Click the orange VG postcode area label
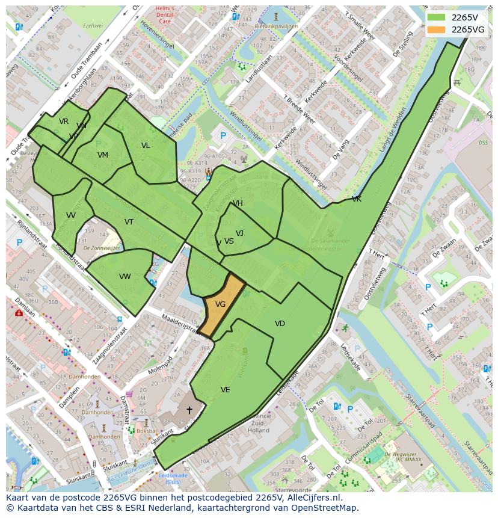pos(220,304)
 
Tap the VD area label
pos(280,324)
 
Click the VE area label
pos(225,390)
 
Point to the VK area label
pos(357,199)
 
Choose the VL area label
pos(146,146)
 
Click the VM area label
pos(103,155)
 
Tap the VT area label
pos(129,222)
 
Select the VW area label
pos(124,277)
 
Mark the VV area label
pos(71,215)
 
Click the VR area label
pos(64,122)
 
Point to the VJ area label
pos(239,233)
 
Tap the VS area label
pos(229,241)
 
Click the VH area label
pos(238,203)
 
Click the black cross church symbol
pos(189,410)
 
